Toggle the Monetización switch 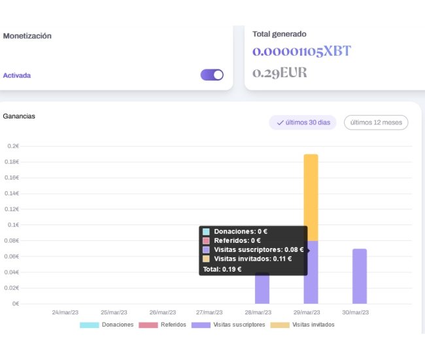coord(212,75)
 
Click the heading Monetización coord(27,36)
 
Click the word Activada coord(17,75)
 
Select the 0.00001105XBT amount coord(301,52)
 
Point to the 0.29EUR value coord(279,73)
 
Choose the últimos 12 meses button coord(376,122)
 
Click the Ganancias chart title coord(19,116)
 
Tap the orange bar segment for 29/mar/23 coord(311,196)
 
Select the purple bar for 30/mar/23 coord(359,276)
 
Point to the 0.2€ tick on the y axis coord(13,146)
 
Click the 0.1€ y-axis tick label coord(13,225)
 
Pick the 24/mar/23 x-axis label coord(65,312)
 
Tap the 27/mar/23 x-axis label coord(209,312)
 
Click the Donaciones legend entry coord(107,325)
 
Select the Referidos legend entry coord(163,325)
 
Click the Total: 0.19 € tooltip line coord(222,268)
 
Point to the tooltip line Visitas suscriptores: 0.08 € coord(252,249)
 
